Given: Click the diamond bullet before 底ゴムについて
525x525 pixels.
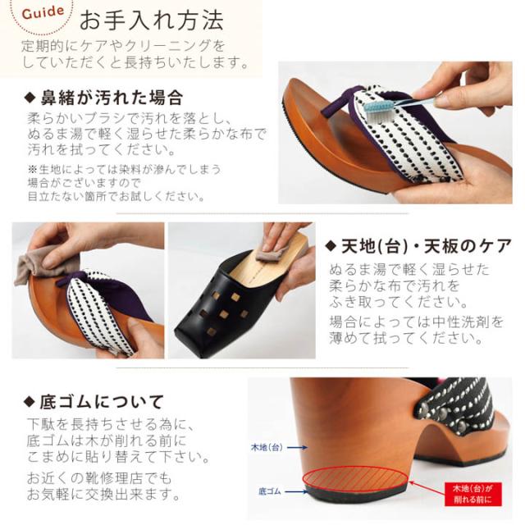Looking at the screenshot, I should pyautogui.click(x=30, y=402).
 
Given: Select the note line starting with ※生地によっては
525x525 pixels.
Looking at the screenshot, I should pyautogui.click(x=112, y=169).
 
